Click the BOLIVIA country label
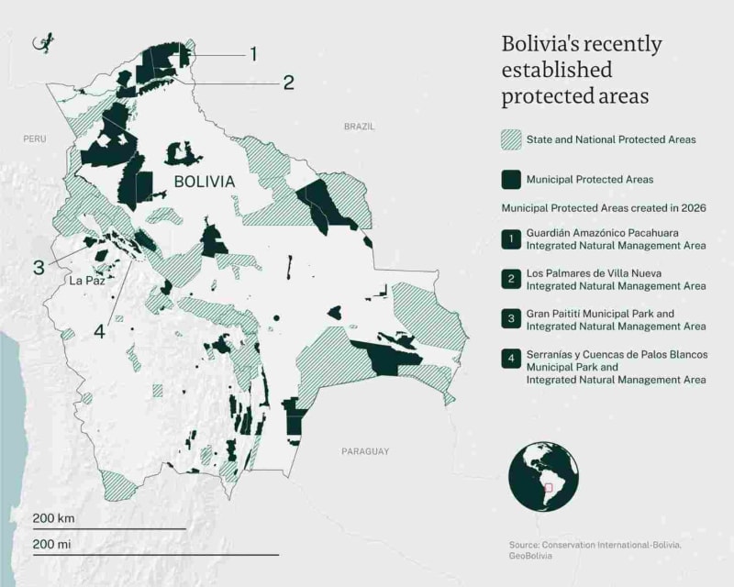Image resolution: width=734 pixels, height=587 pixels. coord(204,182)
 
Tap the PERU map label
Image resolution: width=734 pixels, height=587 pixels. coord(35,138)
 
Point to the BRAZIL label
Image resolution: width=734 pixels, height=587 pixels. coord(360,127)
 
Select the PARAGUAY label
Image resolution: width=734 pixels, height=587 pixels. coord(365,451)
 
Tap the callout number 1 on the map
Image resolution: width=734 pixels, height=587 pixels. coord(253,53)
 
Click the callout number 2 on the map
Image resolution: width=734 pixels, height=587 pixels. coord(288,83)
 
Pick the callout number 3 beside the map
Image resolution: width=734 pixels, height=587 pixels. coord(39,268)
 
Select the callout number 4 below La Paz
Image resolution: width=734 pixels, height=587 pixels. coord(100,332)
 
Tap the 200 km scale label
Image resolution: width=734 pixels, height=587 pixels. coord(53,518)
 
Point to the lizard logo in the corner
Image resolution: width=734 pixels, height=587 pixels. coord(42,43)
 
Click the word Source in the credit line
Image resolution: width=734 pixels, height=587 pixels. coord(525,544)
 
